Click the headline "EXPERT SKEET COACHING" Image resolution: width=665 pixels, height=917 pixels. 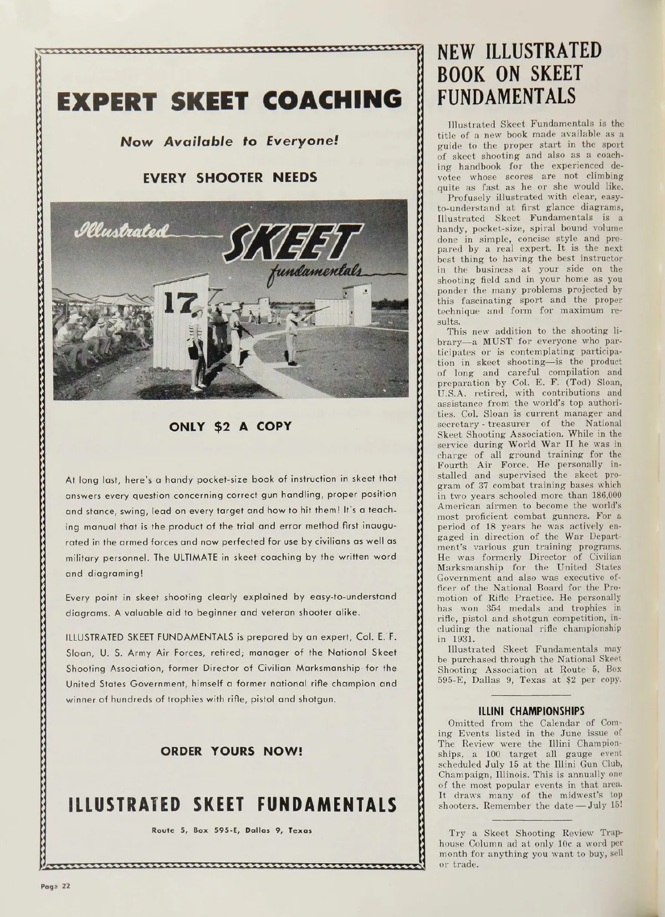228,99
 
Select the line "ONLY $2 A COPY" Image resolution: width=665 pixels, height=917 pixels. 229,427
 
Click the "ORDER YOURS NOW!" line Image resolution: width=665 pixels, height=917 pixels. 232,752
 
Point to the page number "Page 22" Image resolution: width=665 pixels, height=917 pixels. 54,885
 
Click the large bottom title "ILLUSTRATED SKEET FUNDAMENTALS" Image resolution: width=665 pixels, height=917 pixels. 232,805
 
